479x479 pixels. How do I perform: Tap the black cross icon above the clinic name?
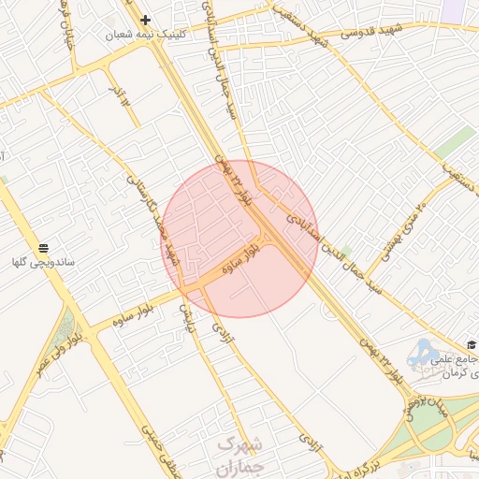point(145,20)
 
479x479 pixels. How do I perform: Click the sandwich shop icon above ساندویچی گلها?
point(44,248)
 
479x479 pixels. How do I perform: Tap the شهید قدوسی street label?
point(370,30)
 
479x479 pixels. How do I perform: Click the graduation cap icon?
point(472,344)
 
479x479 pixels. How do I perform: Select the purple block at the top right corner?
point(456,9)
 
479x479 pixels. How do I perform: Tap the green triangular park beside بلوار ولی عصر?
point(65,328)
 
